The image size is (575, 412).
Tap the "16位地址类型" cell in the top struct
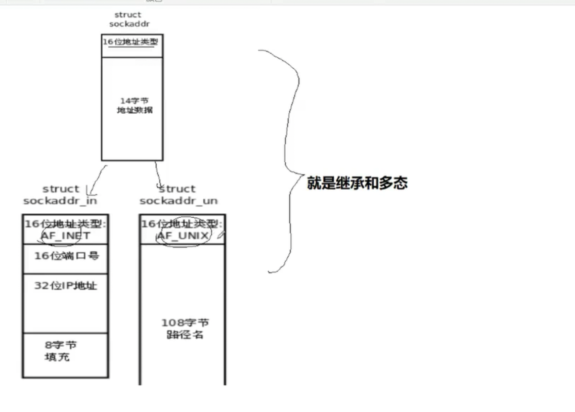pos(131,42)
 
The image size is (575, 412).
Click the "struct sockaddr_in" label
pos(60,195)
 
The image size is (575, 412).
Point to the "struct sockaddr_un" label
pos(178,195)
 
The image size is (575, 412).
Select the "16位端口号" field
pos(66,256)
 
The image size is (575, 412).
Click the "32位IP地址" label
pos(65,286)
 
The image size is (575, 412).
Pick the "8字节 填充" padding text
pos(60,351)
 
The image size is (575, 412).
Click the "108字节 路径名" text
pos(185,328)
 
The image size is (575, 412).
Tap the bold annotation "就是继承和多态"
pos(357,183)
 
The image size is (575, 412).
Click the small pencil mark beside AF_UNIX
pos(220,235)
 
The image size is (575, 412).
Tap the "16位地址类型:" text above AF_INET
pos(65,224)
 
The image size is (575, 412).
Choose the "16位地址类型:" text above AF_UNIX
pos(182,224)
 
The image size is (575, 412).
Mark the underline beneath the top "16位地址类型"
pos(131,48)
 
